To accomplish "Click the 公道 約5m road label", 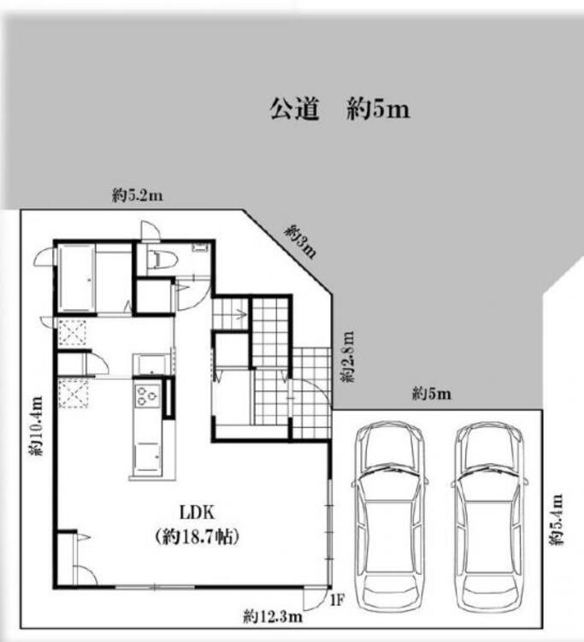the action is [x=339, y=110].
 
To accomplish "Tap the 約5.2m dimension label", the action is [x=138, y=196].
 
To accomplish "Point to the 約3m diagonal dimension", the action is [x=301, y=241].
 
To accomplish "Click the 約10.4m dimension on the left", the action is [x=35, y=425].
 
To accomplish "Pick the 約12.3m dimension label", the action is [x=273, y=615].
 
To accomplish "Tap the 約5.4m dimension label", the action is [x=556, y=520].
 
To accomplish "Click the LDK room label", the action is [x=198, y=512].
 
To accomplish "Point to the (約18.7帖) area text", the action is [x=198, y=537].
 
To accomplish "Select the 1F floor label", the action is [x=338, y=600].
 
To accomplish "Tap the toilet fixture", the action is [x=162, y=259].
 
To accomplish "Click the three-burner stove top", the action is [x=147, y=395].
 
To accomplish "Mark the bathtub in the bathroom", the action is [x=76, y=278].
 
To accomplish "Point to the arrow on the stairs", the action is [x=239, y=315].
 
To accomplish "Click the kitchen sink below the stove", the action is [x=147, y=456].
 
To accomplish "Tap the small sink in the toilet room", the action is [x=200, y=247].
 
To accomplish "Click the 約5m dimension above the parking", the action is [x=432, y=395].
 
